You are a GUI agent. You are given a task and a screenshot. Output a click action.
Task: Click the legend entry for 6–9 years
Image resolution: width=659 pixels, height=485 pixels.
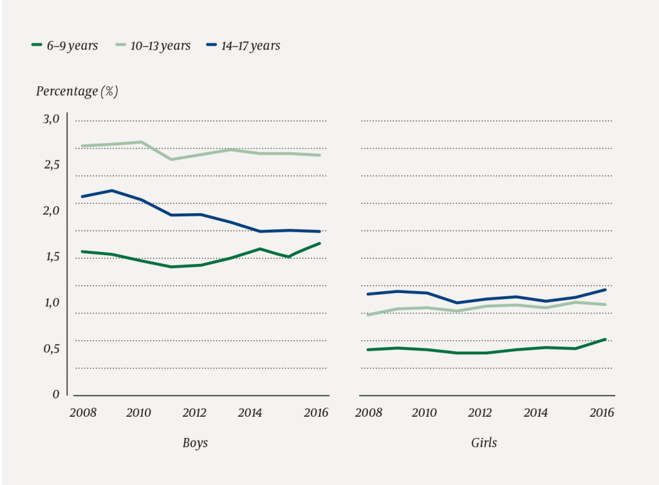click(65, 46)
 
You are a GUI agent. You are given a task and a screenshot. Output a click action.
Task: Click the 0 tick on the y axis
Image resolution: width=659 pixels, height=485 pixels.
click(56, 394)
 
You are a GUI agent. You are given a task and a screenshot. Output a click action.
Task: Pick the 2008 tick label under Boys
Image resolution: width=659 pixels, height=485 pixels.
click(83, 413)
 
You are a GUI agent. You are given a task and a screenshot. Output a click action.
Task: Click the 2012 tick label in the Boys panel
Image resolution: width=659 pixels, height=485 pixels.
click(194, 413)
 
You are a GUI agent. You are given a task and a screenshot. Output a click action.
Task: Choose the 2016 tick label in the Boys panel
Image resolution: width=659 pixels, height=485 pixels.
click(315, 413)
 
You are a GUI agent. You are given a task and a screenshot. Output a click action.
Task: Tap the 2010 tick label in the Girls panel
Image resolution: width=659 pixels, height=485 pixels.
click(425, 413)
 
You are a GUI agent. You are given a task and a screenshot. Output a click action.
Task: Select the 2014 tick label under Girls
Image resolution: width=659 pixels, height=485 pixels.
click(535, 413)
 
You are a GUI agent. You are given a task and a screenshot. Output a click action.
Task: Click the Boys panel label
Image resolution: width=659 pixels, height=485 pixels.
click(195, 443)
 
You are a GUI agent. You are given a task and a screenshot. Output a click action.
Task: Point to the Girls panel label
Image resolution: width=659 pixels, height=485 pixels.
click(483, 443)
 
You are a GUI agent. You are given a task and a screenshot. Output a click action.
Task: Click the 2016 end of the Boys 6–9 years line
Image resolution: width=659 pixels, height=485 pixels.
click(320, 243)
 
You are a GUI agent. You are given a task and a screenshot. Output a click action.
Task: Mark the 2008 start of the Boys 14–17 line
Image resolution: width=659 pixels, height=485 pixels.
click(82, 196)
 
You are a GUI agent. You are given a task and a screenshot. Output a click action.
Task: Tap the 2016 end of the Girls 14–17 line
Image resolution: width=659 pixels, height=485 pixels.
click(606, 290)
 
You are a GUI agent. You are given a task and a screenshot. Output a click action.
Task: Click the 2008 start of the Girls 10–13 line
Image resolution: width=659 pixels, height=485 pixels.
click(367, 315)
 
